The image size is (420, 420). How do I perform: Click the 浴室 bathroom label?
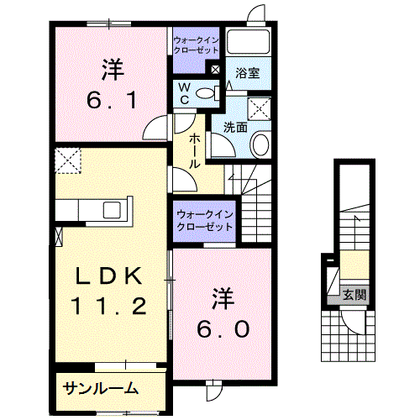(x=248, y=73)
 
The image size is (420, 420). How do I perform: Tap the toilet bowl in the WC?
(x=205, y=93)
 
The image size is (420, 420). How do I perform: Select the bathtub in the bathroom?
(x=248, y=41)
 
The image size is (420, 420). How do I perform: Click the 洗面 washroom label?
(x=235, y=128)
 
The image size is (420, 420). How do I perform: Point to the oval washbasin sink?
(x=261, y=144)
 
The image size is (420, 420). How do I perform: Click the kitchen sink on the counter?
(x=112, y=210)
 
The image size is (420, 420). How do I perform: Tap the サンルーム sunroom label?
(x=101, y=388)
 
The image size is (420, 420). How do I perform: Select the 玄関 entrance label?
(x=354, y=295)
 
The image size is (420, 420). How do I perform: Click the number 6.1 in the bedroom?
(x=112, y=101)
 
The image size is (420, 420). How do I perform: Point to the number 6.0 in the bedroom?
(x=223, y=329)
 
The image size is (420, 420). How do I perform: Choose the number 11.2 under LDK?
(x=109, y=306)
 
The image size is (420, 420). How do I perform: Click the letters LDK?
(x=109, y=276)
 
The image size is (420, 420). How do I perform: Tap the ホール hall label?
(x=194, y=151)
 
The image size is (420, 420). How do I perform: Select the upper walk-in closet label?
(x=196, y=45)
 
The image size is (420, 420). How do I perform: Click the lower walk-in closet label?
(x=205, y=221)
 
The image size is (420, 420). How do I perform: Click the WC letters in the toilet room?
(x=185, y=94)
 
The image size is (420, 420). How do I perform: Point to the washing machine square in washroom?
(x=260, y=109)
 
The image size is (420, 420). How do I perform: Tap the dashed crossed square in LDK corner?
(x=68, y=161)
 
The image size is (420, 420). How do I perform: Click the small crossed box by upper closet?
(x=215, y=70)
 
